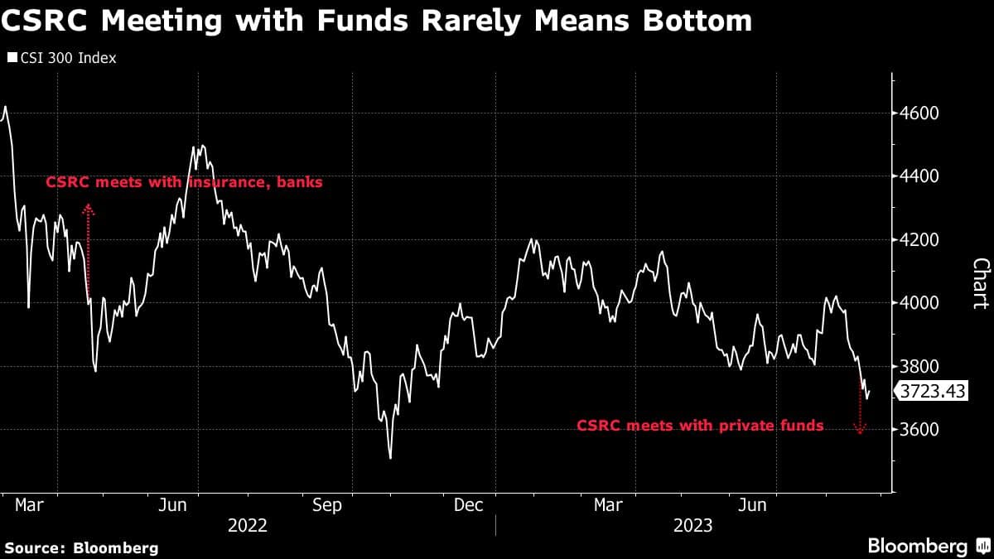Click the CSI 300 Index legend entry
[x=62, y=58]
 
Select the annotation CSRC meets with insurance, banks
[x=184, y=182]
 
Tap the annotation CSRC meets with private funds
[x=700, y=426]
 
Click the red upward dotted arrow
[x=89, y=253]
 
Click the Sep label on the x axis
[x=326, y=505]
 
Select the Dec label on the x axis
[x=468, y=505]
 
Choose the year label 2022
[x=248, y=525]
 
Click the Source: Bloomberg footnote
[x=81, y=547]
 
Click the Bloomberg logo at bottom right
[x=928, y=546]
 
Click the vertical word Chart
[x=980, y=283]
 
